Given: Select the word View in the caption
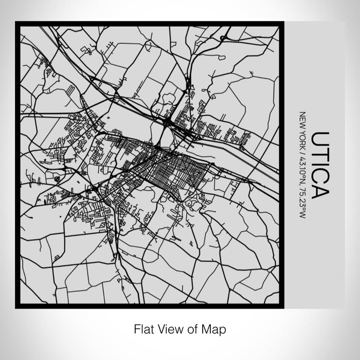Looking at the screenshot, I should [166, 328].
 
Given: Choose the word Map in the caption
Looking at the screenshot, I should [208, 328].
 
